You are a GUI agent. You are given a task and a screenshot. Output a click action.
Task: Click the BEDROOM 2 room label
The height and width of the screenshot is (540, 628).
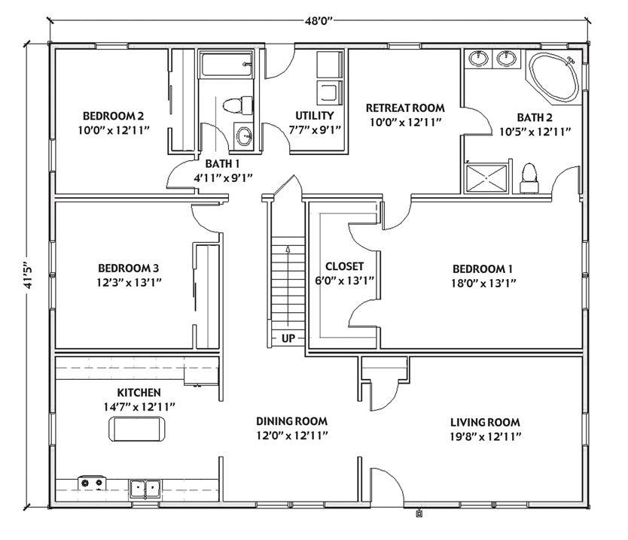(113, 116)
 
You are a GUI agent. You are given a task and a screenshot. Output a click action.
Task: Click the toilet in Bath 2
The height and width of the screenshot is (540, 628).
(529, 174)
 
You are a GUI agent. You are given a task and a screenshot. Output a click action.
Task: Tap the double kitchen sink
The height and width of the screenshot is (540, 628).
(145, 489)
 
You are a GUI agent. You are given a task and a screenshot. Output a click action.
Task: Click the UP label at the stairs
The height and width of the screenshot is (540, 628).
(288, 338)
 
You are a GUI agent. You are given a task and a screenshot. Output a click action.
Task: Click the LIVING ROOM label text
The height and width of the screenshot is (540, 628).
(485, 422)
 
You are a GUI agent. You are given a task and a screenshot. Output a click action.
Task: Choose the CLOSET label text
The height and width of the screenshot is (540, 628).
(344, 266)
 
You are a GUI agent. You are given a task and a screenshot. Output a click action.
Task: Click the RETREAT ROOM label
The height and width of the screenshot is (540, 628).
(404, 108)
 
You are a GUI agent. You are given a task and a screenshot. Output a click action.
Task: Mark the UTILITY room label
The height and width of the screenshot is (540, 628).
(314, 116)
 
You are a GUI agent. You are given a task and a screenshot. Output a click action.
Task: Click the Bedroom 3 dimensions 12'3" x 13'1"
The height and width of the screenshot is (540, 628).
(128, 282)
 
